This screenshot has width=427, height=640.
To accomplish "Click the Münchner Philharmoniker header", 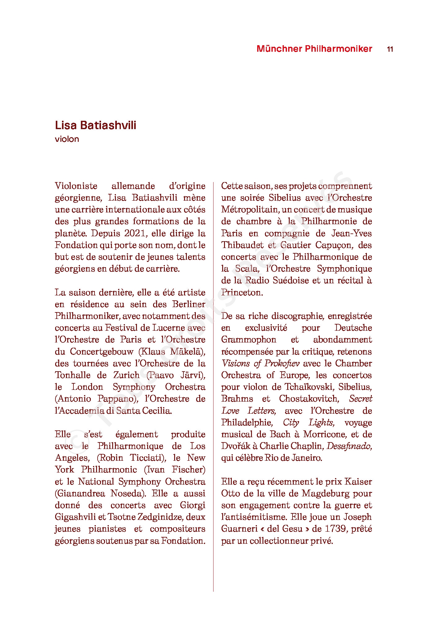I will tap(314, 49).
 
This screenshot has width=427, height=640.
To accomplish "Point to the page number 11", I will tap(390, 49).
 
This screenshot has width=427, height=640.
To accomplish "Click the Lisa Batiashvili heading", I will tap(95, 125).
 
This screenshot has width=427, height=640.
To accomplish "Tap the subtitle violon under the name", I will tap(67, 139).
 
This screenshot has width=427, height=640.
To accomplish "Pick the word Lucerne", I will tap(169, 328).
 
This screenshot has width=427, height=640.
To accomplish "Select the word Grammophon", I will tap(249, 339).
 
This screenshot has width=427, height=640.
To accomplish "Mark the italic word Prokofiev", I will tap(282, 363).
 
